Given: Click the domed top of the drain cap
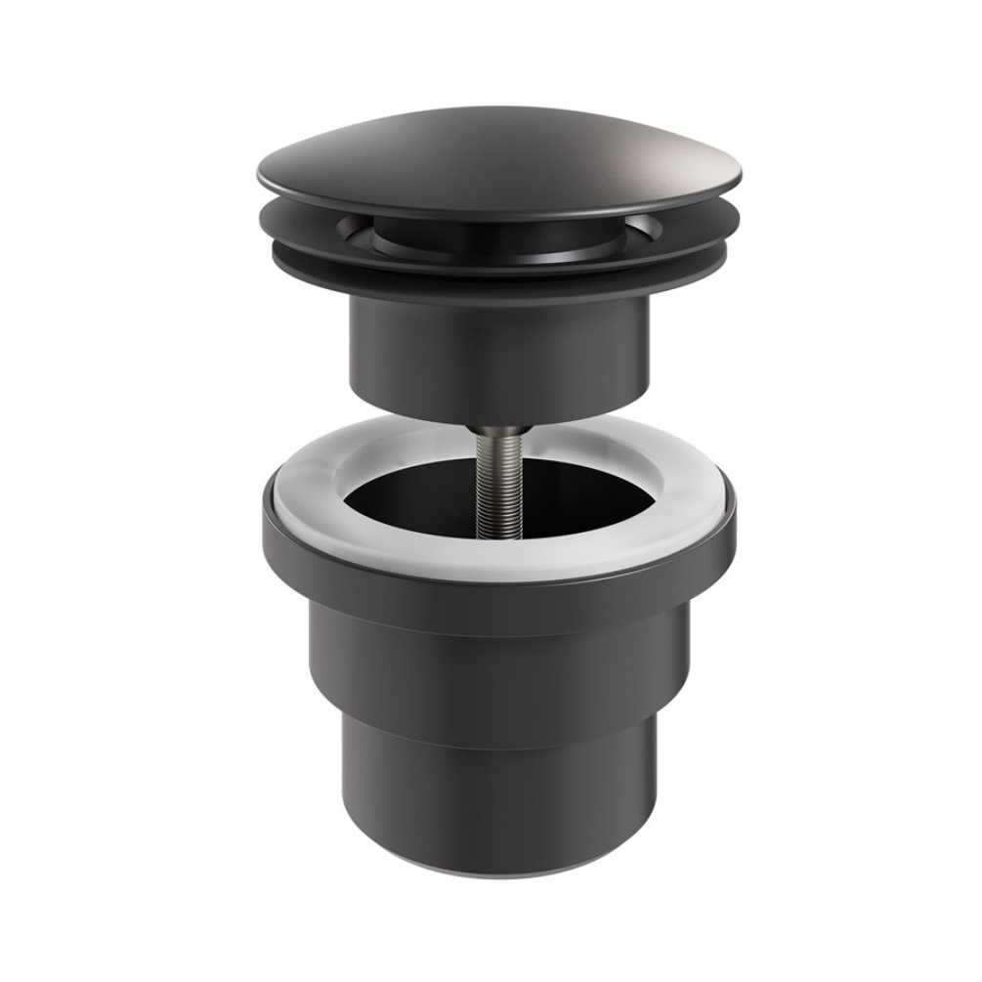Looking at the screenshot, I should point(489,156).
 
